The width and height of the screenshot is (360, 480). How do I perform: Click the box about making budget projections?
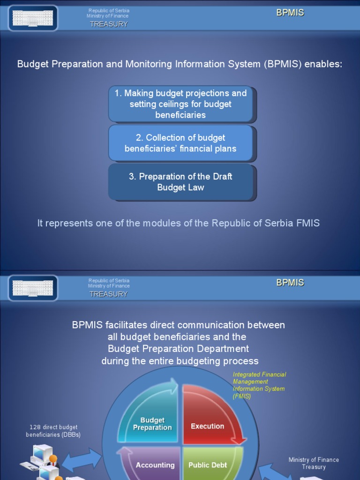180,104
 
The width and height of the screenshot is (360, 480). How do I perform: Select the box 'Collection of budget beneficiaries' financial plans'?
180,143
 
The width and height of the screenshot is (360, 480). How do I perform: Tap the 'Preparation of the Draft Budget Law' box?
180,182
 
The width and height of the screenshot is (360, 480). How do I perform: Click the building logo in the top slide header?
33,18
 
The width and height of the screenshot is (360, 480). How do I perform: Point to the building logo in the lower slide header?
33,288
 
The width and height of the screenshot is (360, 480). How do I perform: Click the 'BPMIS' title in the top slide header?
290,13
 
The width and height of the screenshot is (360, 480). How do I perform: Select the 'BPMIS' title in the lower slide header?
290,283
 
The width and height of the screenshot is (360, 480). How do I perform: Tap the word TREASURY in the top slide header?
109,24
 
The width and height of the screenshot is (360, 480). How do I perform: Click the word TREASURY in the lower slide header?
109,294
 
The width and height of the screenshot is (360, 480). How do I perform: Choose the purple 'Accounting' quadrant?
154,464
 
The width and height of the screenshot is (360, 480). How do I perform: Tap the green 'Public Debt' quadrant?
209,464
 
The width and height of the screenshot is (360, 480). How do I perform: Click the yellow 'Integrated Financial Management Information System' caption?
259,385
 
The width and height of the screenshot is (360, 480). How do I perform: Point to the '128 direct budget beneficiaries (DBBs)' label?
53,431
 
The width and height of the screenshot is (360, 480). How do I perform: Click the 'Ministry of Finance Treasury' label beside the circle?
314,463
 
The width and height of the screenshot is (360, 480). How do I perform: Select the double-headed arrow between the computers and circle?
82,460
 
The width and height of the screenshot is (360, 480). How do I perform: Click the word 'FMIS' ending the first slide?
308,223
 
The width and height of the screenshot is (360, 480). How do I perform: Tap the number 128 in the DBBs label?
35,427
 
